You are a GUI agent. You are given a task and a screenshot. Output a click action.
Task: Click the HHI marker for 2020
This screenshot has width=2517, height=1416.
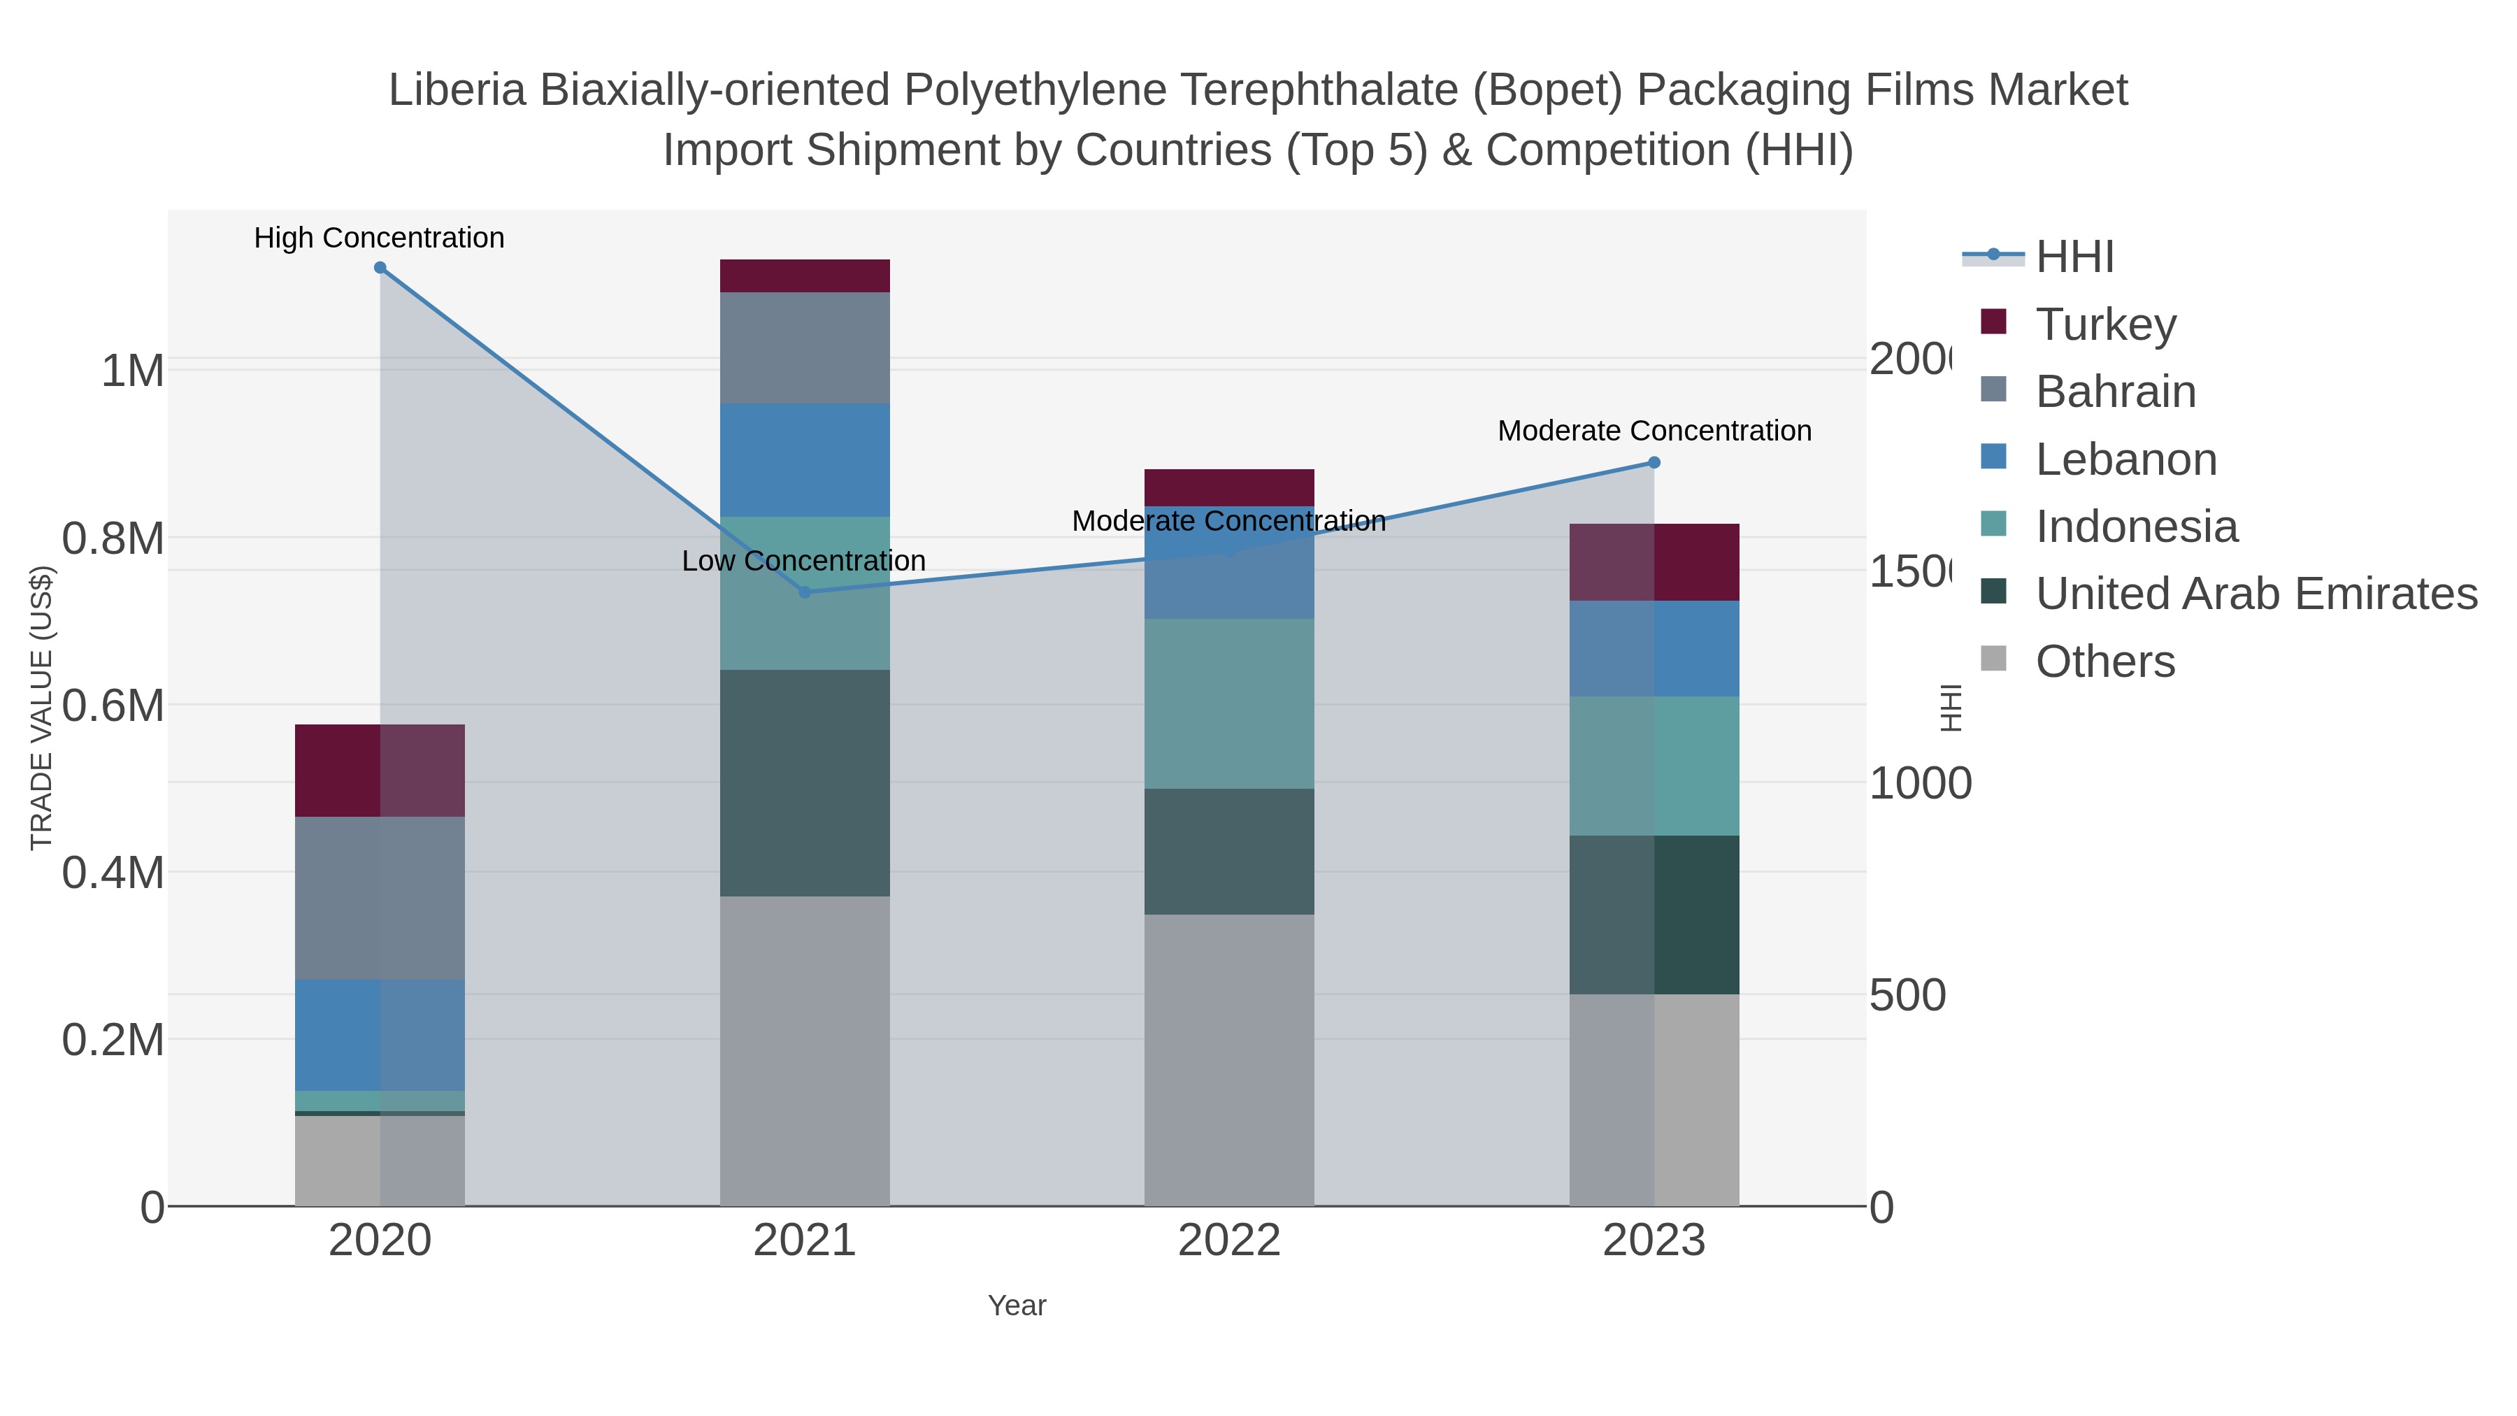click(380, 268)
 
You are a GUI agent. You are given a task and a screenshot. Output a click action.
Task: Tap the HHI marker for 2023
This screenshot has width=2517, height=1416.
click(1654, 462)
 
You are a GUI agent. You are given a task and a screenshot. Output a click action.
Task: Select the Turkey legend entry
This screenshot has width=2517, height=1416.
click(2106, 324)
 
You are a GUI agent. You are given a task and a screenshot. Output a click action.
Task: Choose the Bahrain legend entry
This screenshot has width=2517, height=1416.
click(2116, 392)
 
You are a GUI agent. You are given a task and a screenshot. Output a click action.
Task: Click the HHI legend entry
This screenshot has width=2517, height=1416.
click(2074, 257)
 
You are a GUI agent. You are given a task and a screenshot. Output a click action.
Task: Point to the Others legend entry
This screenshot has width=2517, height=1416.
click(2104, 661)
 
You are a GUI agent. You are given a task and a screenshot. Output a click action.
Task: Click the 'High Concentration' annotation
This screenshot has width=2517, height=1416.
click(379, 238)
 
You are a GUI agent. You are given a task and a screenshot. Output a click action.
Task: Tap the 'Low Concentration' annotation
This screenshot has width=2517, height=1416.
click(803, 561)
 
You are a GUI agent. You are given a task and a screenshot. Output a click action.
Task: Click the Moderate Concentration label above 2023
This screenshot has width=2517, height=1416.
click(1654, 431)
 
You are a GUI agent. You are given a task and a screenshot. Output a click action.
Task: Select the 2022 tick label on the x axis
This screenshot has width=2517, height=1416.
click(1228, 1241)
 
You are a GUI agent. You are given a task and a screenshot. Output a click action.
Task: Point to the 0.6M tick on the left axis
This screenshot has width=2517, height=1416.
click(113, 706)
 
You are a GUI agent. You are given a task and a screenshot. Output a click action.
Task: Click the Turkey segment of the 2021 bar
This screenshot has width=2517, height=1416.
click(804, 276)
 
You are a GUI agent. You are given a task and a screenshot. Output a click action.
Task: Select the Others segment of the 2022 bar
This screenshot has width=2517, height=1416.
click(1228, 1059)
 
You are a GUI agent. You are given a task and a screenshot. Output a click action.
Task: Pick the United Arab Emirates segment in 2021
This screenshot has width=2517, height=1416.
click(804, 782)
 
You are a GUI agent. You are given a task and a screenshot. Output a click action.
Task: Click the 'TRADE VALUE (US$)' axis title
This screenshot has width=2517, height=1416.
click(41, 708)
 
